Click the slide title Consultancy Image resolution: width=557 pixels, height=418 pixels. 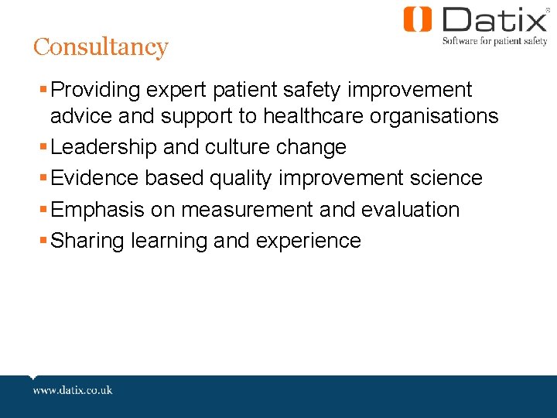coord(100,47)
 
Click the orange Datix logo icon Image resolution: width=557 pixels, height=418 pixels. coord(416,19)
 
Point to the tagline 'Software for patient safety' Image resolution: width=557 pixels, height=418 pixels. coord(494,41)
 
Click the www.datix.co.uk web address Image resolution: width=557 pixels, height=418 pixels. coord(72,390)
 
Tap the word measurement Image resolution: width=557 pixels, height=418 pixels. coord(249,210)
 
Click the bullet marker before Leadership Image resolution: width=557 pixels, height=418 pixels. coord(43,146)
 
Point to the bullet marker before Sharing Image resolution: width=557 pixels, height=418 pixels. coord(43,240)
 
